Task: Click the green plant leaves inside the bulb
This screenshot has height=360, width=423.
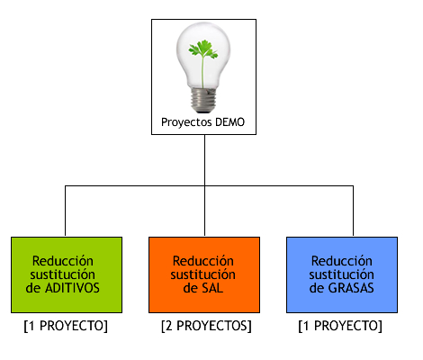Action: [x=203, y=49]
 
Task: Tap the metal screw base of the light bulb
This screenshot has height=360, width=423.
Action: [x=203, y=100]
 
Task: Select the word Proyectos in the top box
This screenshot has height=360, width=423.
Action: [x=186, y=122]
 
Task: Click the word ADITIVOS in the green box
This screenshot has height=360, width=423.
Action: [x=72, y=288]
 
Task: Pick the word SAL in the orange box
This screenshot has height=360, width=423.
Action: [x=212, y=288]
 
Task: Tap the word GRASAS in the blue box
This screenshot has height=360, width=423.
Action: [x=351, y=288]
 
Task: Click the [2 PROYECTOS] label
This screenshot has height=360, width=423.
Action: [x=206, y=326]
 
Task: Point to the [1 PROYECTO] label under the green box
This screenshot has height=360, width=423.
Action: [x=66, y=326]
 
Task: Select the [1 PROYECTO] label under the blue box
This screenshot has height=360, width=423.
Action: [x=340, y=326]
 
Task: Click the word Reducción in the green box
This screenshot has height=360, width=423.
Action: [x=63, y=261]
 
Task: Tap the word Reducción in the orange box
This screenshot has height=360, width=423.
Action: [x=203, y=261]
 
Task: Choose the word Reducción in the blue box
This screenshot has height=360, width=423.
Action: [x=342, y=261]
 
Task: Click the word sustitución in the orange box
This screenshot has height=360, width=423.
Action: [x=203, y=274]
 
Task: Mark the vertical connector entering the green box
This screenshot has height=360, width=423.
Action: [x=65, y=211]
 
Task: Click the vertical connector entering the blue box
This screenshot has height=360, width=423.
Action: [x=353, y=211]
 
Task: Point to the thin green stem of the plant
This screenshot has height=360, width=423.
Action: [x=202, y=72]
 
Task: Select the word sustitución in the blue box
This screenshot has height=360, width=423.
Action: [x=342, y=274]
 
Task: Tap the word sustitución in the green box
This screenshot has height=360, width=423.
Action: [x=63, y=274]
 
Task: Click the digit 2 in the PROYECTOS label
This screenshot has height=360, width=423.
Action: [x=169, y=326]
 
